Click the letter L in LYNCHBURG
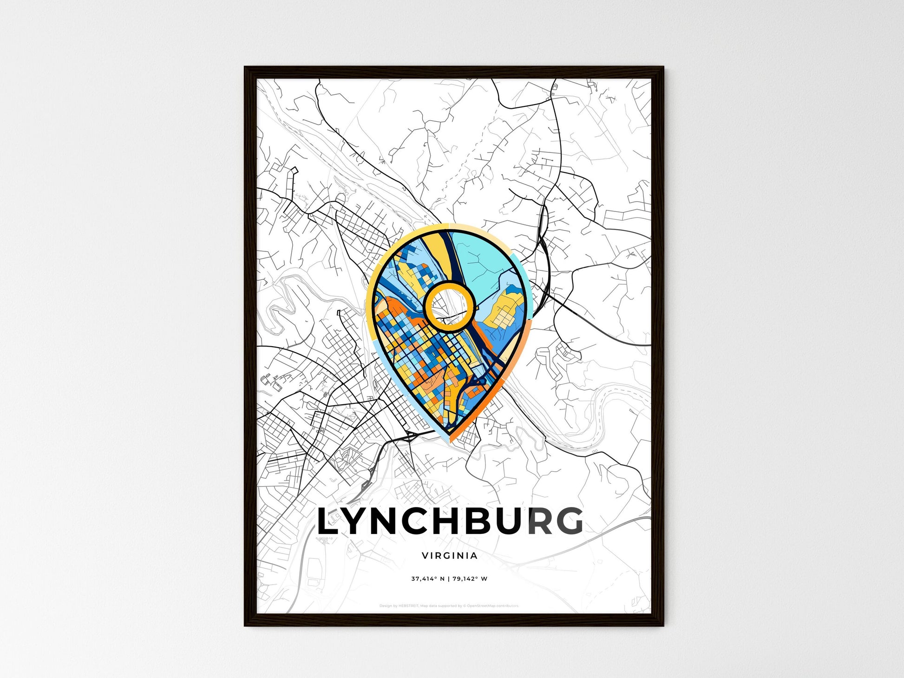coord(328,521)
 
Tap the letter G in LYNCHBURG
coord(569,521)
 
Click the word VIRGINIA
coord(450,555)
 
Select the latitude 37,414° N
coord(428,579)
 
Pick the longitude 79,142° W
coord(470,579)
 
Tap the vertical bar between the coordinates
coord(449,579)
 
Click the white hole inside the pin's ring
coord(449,307)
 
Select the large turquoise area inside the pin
coord(483,260)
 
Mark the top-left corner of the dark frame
coord(245,67)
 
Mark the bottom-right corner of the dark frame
coord(663,625)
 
